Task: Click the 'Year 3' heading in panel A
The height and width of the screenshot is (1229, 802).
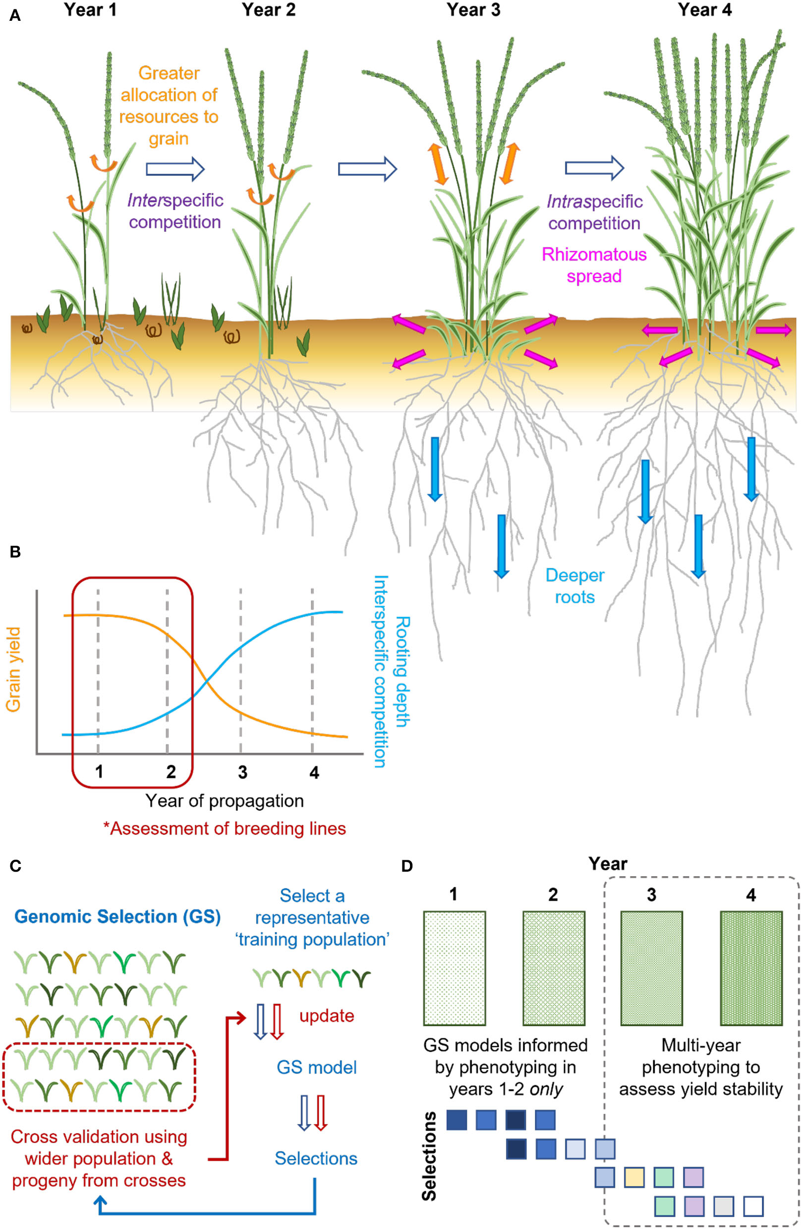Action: (x=473, y=10)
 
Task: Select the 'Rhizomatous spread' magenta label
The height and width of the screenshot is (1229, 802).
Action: (x=594, y=265)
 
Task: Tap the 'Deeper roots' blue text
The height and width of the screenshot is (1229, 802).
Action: (x=574, y=586)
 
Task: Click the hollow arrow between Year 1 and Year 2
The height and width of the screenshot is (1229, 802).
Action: (x=175, y=169)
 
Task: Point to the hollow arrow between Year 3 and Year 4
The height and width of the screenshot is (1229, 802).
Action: (x=594, y=168)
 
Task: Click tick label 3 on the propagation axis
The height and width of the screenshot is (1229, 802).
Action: (x=242, y=772)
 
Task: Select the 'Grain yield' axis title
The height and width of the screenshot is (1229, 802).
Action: (x=13, y=669)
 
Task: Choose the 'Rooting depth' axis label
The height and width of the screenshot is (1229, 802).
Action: (x=402, y=671)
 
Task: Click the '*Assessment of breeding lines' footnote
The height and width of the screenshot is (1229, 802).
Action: (x=224, y=828)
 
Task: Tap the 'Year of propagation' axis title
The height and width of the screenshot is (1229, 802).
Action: (x=224, y=800)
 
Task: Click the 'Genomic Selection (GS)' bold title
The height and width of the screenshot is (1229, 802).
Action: (x=118, y=917)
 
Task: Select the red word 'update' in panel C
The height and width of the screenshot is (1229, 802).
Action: (x=326, y=1016)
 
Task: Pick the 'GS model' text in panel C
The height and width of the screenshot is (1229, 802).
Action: (x=316, y=1067)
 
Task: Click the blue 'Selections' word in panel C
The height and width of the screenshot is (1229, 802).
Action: (x=316, y=1158)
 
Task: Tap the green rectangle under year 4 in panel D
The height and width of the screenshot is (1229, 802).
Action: (x=751, y=968)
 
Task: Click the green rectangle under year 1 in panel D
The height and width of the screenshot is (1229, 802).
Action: (x=455, y=968)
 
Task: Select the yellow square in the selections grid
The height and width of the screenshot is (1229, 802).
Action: (x=634, y=1178)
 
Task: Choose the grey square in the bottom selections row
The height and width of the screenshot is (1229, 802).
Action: (x=724, y=1207)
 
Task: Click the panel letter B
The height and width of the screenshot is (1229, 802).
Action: (x=15, y=552)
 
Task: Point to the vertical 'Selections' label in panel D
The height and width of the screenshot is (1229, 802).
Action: (x=429, y=1155)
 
